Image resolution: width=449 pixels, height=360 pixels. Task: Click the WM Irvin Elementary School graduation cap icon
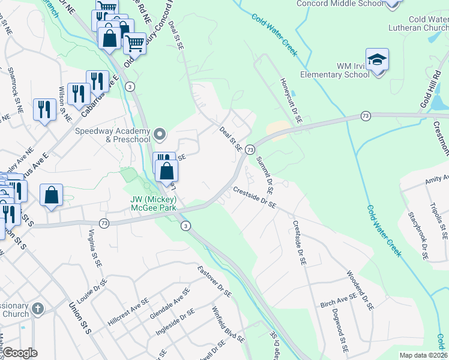click(x=377, y=60)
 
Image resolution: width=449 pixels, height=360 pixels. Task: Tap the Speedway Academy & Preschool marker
click(x=159, y=133)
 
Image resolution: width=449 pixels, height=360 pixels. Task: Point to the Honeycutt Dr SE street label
click(x=291, y=100)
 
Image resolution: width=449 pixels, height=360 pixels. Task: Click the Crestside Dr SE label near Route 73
click(x=255, y=197)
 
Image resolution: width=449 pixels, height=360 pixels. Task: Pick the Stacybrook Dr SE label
click(x=417, y=235)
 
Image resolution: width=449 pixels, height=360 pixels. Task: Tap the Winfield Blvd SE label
click(x=228, y=325)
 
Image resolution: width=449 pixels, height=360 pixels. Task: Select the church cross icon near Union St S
click(x=37, y=310)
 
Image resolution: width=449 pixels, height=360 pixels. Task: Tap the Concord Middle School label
click(x=340, y=4)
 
